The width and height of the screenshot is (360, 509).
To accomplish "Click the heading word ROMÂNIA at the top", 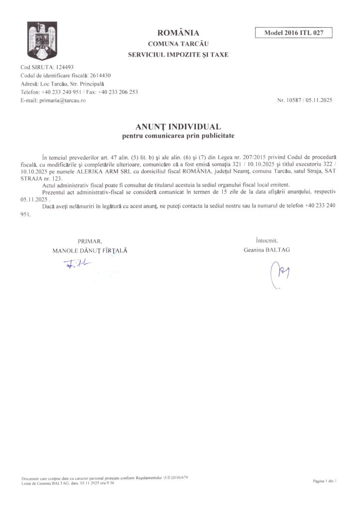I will coord(178,33).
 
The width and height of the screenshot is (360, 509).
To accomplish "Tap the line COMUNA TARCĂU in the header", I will coord(178,44).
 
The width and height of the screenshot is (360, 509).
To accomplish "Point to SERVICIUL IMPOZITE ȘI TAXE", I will coord(178,55).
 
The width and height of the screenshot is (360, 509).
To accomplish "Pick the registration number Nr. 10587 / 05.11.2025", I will coord(305,100).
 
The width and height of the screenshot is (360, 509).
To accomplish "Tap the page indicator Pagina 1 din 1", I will coord(325,481).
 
